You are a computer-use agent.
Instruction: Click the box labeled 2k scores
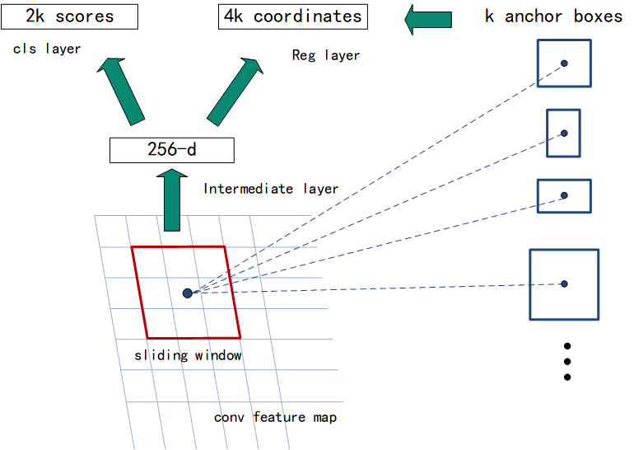[x=58, y=16]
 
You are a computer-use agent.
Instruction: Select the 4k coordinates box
[x=292, y=16]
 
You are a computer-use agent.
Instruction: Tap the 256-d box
[x=172, y=150]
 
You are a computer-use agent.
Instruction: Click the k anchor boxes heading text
[x=553, y=16]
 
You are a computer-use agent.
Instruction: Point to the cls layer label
[x=47, y=49]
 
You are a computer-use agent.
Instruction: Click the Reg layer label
[x=326, y=55]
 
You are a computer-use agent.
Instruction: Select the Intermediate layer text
[x=271, y=189]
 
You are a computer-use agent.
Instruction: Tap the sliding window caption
[x=189, y=355]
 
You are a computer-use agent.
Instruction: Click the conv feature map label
[x=275, y=417]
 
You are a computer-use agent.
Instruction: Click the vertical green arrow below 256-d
[x=171, y=199]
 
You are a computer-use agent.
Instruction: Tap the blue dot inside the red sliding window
[x=188, y=293]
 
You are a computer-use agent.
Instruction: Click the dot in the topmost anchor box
[x=564, y=63]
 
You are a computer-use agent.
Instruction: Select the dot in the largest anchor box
[x=564, y=284]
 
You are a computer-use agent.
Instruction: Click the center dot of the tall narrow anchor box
[x=564, y=133]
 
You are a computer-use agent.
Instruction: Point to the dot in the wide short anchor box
[x=564, y=195]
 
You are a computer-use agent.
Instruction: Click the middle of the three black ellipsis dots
[x=567, y=362]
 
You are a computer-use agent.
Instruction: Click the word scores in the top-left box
[x=82, y=16]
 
